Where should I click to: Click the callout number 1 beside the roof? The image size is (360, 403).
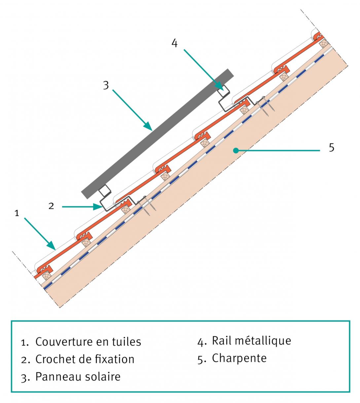coord(17,214)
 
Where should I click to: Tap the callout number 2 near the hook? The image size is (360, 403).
coord(51,206)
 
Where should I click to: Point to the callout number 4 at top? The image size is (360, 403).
coord(175,43)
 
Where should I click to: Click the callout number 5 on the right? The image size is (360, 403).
coord(332,147)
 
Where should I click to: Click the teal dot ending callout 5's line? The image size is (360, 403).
coord(235,151)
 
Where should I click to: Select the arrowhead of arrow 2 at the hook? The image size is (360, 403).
coord(98,207)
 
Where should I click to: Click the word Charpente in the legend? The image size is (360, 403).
coord(239,358)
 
